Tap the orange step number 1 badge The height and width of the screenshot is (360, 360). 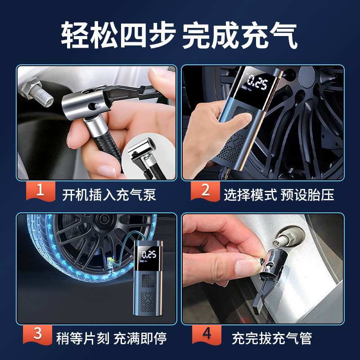pyautogui.click(x=40, y=190)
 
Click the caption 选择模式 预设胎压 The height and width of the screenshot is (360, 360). pyautogui.click(x=279, y=195)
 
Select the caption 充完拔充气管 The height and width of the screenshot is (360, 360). pyautogui.click(x=272, y=338)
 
